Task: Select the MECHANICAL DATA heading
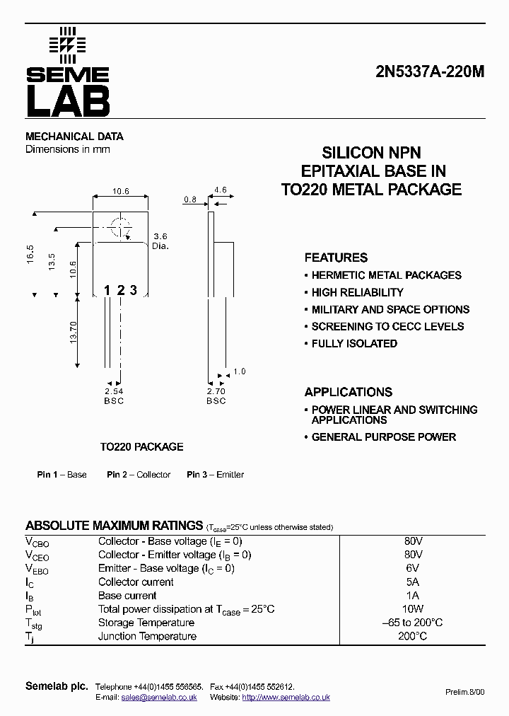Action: (74, 137)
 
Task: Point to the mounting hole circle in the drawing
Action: (120, 229)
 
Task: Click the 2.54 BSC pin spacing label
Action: (114, 395)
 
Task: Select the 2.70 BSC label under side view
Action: (216, 395)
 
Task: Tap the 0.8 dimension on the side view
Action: (190, 200)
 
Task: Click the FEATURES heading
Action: (336, 258)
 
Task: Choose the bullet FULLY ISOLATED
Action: (354, 344)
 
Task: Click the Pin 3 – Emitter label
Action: (215, 475)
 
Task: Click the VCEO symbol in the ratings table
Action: (37, 555)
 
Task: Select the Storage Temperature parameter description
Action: (146, 623)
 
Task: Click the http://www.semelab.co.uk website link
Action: (286, 697)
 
